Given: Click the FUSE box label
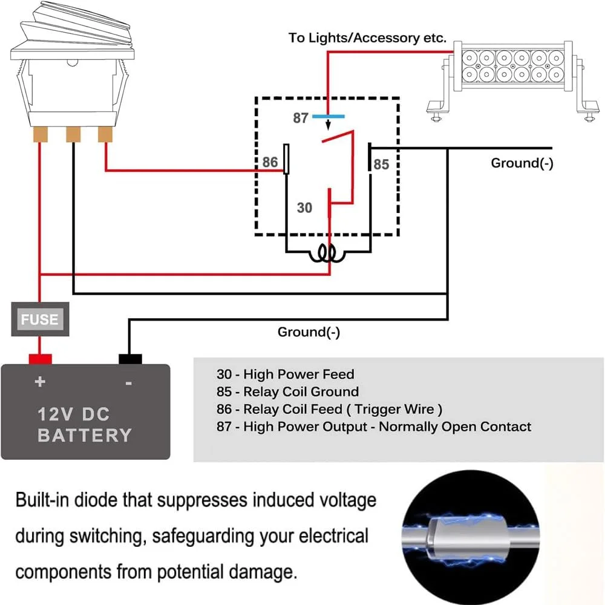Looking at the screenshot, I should [x=40, y=319].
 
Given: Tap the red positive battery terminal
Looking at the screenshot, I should [x=41, y=358].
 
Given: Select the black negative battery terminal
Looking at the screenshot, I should [x=130, y=359].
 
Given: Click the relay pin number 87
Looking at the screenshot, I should [x=301, y=118].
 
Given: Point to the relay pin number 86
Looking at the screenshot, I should [x=270, y=162].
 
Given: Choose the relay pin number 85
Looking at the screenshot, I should [x=381, y=164].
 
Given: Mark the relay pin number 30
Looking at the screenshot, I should [x=304, y=208].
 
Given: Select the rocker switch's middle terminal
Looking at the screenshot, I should [x=73, y=134].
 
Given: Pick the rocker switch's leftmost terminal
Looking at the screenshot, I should [x=41, y=134].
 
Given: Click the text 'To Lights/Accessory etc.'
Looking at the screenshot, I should [x=367, y=38].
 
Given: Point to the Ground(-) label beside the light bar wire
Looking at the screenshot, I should [x=522, y=163].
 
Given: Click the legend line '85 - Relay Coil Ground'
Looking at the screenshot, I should [x=287, y=391].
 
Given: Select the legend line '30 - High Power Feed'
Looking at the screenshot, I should [x=285, y=374].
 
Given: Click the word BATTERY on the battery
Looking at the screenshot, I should [x=84, y=435].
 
